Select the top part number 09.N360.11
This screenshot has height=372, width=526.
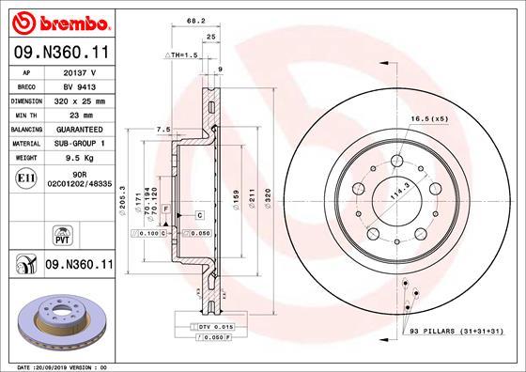click(x=59, y=54)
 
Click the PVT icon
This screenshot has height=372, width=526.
click(x=59, y=233)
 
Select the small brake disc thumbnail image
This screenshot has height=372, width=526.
click(x=59, y=317)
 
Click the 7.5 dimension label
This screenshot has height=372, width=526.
click(x=162, y=129)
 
